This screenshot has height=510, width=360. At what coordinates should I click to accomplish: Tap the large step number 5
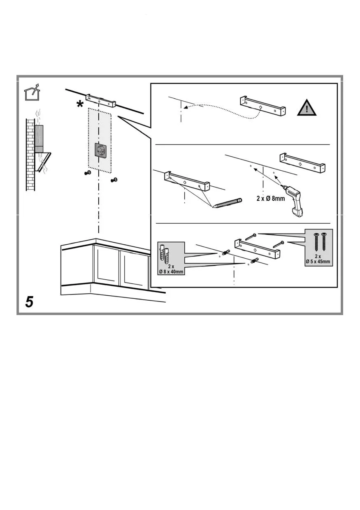click(x=29, y=302)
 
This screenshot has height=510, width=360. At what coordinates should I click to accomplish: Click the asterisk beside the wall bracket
click(x=80, y=105)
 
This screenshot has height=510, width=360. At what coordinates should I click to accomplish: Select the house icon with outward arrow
click(x=32, y=92)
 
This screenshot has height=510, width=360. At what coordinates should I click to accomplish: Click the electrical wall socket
click(x=100, y=150)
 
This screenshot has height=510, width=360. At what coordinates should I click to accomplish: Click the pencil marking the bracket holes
click(x=227, y=203)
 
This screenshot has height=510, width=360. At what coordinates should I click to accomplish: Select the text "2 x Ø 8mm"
click(x=270, y=199)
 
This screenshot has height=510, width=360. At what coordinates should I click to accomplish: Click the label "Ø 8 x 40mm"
click(x=171, y=271)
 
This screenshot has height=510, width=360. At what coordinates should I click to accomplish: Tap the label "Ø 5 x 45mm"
click(x=318, y=262)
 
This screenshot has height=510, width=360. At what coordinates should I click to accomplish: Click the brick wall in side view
click(x=30, y=155)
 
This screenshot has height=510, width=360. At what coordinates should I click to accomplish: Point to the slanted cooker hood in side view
click(x=43, y=162)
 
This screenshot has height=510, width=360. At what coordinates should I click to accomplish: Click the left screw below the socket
click(x=87, y=173)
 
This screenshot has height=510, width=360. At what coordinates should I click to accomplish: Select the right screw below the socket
click(x=114, y=180)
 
